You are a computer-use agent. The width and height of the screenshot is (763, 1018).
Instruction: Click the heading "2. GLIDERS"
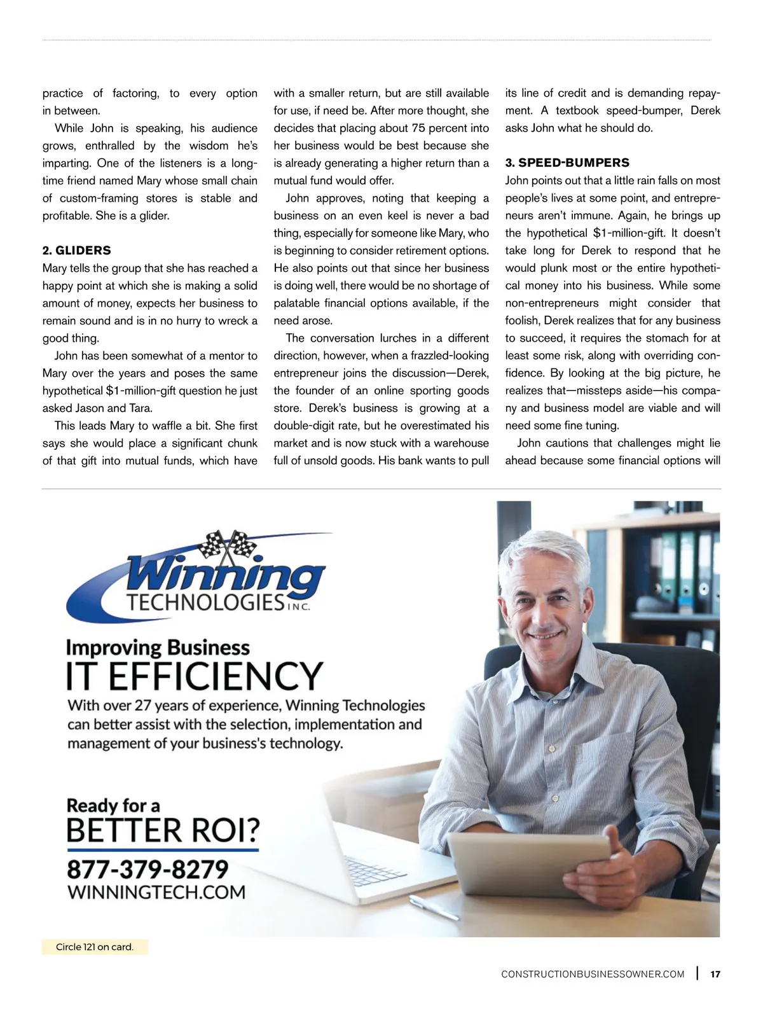[77, 251]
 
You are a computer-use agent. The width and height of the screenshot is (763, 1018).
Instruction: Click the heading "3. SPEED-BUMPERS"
[567, 163]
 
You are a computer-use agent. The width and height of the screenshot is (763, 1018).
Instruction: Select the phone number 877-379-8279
[148, 869]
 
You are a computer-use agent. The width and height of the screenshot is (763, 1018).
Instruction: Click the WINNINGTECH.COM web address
[156, 892]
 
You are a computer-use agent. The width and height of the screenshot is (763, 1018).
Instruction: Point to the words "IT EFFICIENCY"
[195, 676]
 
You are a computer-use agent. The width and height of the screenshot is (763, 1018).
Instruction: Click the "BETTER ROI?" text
[163, 830]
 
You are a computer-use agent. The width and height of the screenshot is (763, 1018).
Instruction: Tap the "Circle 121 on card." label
[95, 947]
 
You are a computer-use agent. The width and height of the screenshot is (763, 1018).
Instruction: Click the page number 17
[715, 974]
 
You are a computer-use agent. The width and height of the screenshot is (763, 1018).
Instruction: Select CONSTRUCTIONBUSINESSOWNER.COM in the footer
[593, 974]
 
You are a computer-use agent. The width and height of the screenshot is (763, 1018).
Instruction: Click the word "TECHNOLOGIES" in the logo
[205, 602]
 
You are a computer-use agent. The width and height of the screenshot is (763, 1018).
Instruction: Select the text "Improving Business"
[158, 648]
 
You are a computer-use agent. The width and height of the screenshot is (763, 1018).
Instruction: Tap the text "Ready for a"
[113, 805]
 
